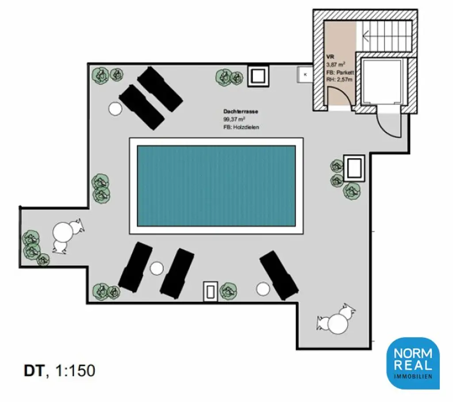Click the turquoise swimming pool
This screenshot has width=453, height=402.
coord(216,185)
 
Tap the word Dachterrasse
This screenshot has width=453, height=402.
coord(241,112)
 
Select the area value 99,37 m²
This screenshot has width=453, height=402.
coord(234,119)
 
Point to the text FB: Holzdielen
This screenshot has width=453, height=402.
coord(241,127)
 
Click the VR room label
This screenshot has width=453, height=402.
coord(330,57)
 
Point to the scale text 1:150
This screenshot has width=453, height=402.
coord(76,371)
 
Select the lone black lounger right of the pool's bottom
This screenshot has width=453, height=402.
coord(279,275)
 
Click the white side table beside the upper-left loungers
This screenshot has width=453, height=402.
coord(115,108)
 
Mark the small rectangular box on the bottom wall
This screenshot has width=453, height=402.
coord(211,291)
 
